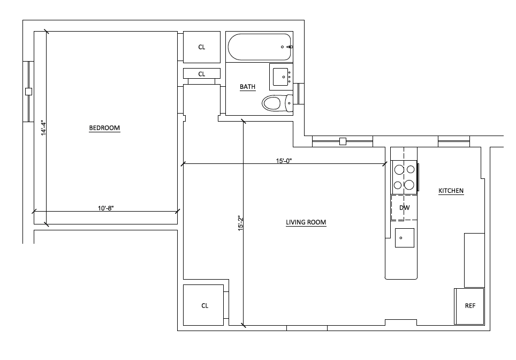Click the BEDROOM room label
(x=104, y=128)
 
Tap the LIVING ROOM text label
(x=306, y=222)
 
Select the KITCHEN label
(x=451, y=191)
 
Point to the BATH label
(x=247, y=87)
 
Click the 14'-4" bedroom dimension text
(x=43, y=129)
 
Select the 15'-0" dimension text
(x=284, y=160)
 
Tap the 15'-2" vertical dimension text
(x=240, y=223)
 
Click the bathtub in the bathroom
(x=260, y=47)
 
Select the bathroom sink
(x=280, y=77)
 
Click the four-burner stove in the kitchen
(x=404, y=177)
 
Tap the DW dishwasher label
(x=404, y=208)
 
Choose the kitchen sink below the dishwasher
(x=404, y=237)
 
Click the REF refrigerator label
(x=470, y=306)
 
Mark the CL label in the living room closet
(x=204, y=306)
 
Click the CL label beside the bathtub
(x=202, y=47)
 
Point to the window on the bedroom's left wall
(x=28, y=92)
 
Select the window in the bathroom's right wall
(x=299, y=93)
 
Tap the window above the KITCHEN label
(x=454, y=141)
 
